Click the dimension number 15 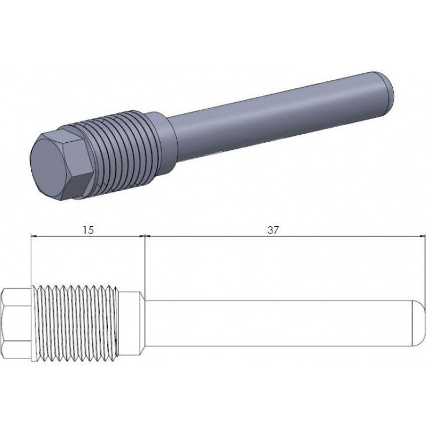click(88, 230)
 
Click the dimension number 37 click(273, 230)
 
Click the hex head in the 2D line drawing click(15, 324)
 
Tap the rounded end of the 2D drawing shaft click(419, 324)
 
